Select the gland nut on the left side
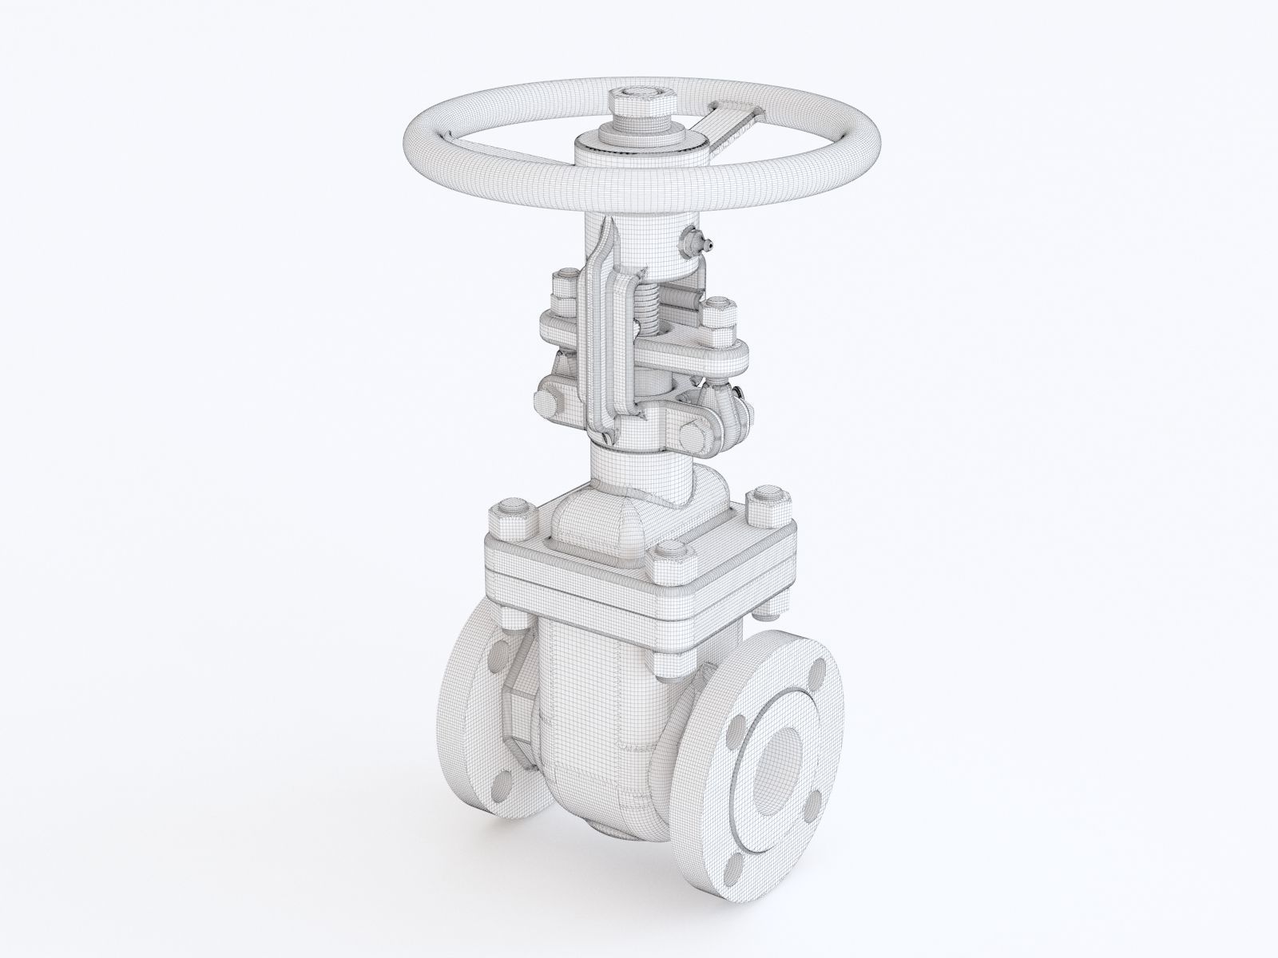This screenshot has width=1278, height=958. pyautogui.click(x=562, y=285)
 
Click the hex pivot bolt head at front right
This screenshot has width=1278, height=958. pyautogui.click(x=693, y=436)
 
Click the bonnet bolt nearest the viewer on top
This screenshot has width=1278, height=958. pyautogui.click(x=670, y=559)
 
